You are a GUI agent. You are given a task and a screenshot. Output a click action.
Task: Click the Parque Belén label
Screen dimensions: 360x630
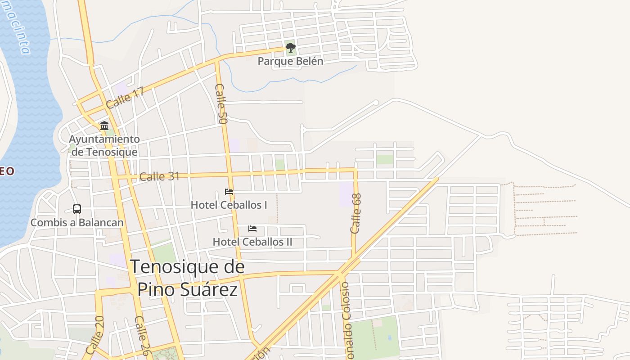[290, 61]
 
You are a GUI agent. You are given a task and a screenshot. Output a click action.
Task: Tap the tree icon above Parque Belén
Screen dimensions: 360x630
[290, 47]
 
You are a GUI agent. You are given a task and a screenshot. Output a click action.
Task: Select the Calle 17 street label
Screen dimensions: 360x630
[125, 98]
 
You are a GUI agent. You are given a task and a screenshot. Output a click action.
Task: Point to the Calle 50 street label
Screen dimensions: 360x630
[221, 104]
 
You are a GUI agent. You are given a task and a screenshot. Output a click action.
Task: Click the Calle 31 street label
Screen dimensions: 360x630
[159, 176]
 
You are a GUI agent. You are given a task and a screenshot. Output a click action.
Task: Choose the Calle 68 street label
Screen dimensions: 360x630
[356, 213]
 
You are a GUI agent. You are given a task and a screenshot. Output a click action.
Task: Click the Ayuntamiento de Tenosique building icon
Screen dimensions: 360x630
[104, 126]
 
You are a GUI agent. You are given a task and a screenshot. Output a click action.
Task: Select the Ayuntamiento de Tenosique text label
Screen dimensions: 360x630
[104, 145]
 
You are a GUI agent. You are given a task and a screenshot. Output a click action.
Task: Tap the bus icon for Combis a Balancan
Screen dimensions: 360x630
[77, 209]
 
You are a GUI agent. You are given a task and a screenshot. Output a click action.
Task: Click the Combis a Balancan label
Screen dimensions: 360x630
[77, 222]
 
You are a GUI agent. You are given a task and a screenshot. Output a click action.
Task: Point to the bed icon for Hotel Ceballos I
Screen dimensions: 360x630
[229, 192]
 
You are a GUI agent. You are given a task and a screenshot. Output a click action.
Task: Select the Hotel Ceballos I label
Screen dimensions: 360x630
[229, 205]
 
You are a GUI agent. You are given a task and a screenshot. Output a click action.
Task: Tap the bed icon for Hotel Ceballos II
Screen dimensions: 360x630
[252, 229]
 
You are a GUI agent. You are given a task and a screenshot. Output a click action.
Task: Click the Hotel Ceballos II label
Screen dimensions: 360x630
[252, 242]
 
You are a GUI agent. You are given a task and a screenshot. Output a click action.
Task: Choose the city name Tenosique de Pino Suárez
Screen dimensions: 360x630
[187, 278]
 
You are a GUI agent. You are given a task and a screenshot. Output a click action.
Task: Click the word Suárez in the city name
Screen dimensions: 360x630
[209, 289]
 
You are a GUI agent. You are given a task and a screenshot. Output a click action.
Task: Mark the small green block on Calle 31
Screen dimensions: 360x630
[280, 165]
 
